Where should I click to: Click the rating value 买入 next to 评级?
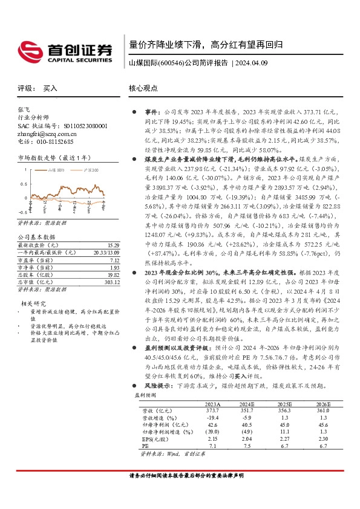tap(50, 88)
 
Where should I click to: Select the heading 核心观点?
tap(143, 88)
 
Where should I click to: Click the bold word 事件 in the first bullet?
tap(151, 112)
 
